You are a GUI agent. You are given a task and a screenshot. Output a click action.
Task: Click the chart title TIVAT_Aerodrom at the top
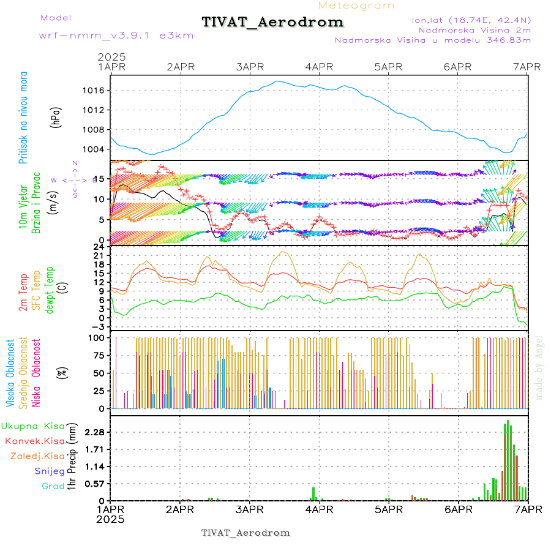(x=272, y=22)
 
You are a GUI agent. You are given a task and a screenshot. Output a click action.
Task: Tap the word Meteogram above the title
(x=356, y=6)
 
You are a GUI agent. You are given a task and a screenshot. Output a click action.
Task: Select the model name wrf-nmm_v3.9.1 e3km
(x=116, y=36)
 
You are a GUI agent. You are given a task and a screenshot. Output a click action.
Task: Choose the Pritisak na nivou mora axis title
(x=24, y=121)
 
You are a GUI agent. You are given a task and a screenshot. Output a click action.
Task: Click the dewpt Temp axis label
(x=50, y=288)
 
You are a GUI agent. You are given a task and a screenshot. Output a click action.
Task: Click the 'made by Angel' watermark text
(x=539, y=367)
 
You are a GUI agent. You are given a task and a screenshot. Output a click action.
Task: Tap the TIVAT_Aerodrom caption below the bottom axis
(x=246, y=533)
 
